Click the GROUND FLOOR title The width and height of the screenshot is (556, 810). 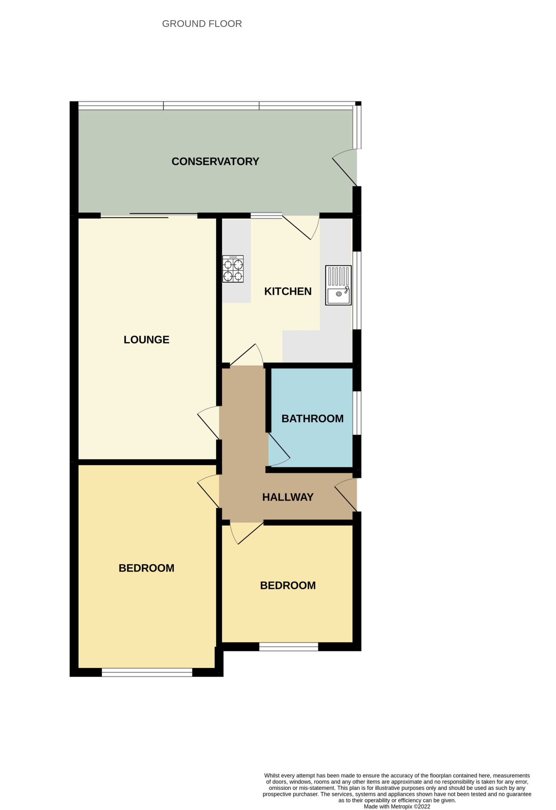[x=202, y=24]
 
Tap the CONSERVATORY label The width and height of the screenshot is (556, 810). [x=216, y=161]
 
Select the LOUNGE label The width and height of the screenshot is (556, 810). [x=147, y=340]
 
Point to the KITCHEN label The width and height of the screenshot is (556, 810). [x=288, y=291]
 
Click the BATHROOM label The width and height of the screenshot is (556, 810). [x=312, y=419]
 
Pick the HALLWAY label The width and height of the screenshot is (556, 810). [x=288, y=497]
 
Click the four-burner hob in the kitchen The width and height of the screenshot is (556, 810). [x=233, y=269]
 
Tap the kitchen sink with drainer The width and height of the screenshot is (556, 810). [x=338, y=285]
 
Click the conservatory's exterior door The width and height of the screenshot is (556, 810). [x=345, y=167]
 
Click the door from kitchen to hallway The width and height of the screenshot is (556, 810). [x=246, y=355]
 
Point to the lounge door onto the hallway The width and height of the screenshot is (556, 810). [x=209, y=422]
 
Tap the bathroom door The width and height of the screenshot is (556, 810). [x=279, y=450]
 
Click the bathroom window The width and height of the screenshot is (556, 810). [x=357, y=413]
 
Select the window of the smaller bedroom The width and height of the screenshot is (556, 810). [x=289, y=646]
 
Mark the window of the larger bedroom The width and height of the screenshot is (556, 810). [x=147, y=672]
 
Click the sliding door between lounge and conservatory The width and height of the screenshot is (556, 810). [x=149, y=215]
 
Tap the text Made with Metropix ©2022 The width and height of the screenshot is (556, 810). [x=397, y=806]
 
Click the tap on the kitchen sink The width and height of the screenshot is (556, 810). [x=347, y=290]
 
